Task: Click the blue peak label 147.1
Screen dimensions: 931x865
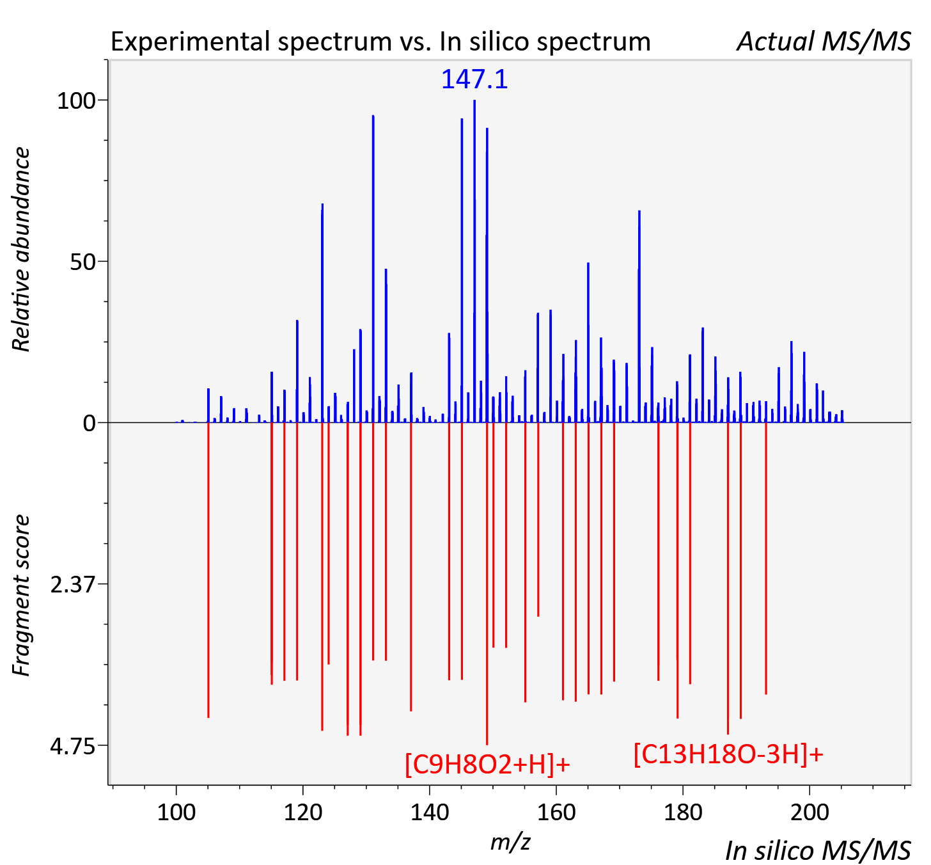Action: pos(474,79)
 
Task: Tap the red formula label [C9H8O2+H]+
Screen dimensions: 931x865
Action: pos(487,764)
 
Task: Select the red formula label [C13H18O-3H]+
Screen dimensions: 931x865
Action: pos(728,754)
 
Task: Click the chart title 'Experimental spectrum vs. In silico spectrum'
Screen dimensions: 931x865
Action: pos(380,42)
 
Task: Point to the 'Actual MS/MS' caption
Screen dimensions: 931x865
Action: pos(824,42)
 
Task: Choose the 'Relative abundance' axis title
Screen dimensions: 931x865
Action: pos(21,249)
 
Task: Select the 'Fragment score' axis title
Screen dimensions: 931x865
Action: pos(21,596)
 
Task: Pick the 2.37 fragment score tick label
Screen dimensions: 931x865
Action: pos(72,585)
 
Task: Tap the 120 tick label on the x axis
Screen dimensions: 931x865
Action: pos(303,812)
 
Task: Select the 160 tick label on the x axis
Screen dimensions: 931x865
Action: pos(556,812)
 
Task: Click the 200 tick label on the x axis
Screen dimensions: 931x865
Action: pos(810,812)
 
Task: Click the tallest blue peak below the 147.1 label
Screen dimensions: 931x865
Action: pos(474,261)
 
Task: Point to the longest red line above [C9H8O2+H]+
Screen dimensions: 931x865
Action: pos(487,583)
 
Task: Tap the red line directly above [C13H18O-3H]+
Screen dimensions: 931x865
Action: pos(728,578)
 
